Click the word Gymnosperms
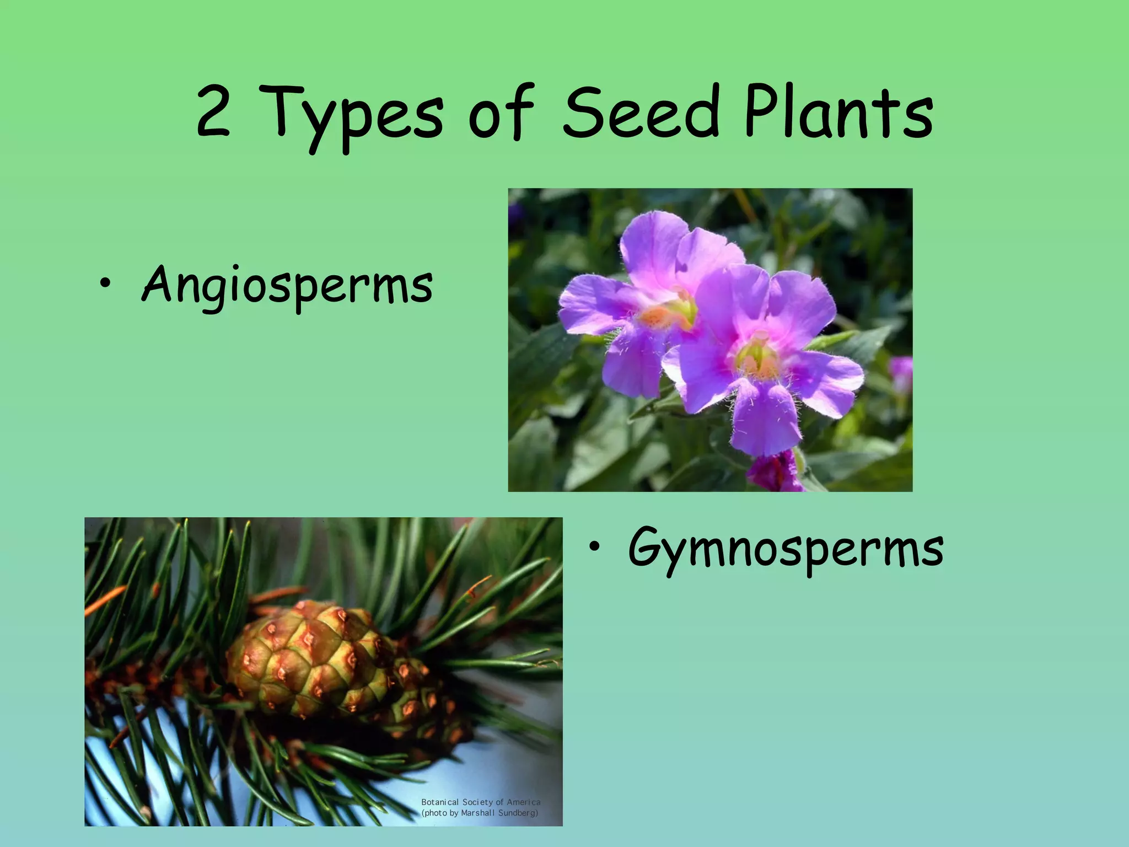pos(785,549)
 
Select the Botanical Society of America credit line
pos(480,802)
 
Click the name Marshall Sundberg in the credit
pos(499,813)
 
